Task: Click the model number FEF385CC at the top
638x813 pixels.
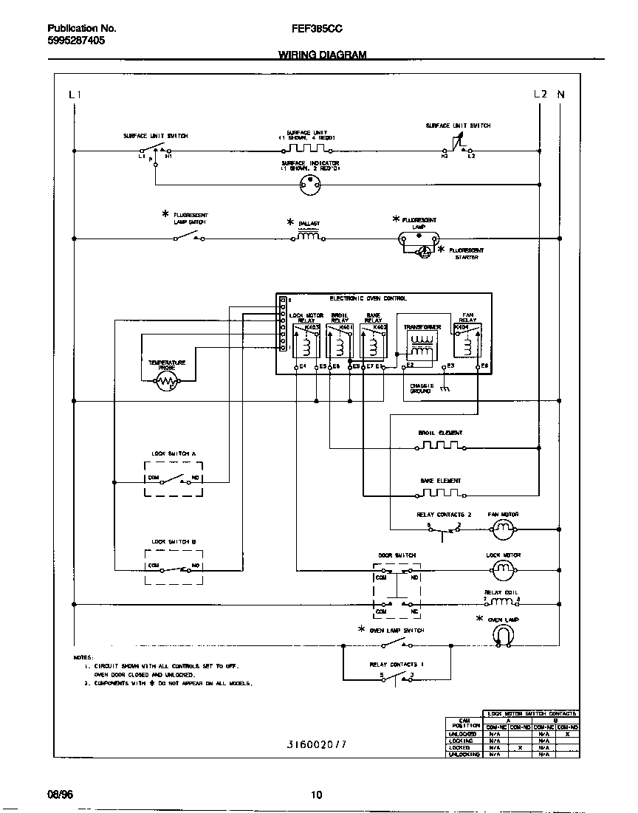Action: (317, 29)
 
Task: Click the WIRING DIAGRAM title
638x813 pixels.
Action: (322, 55)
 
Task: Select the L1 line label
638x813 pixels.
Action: (74, 95)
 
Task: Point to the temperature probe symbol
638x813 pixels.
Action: (167, 381)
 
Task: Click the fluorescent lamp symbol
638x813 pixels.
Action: (419, 239)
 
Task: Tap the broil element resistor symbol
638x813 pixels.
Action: (440, 446)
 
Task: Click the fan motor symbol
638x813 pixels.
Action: (503, 528)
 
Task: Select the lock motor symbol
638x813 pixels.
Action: (503, 569)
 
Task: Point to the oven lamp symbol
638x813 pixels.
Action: (503, 634)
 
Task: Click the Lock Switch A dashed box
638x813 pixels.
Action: (174, 478)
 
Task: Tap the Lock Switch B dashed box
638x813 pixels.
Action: (174, 567)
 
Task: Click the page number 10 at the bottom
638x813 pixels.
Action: (316, 795)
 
